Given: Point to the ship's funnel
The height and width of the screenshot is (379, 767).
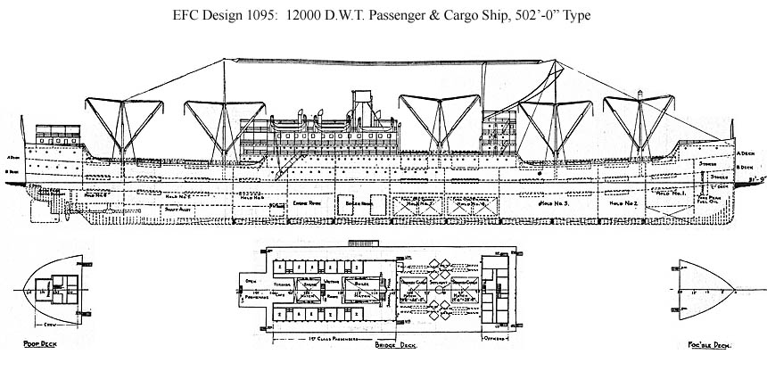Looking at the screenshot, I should [x=364, y=107].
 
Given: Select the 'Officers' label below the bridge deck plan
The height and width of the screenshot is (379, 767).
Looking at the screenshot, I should [x=491, y=340].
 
